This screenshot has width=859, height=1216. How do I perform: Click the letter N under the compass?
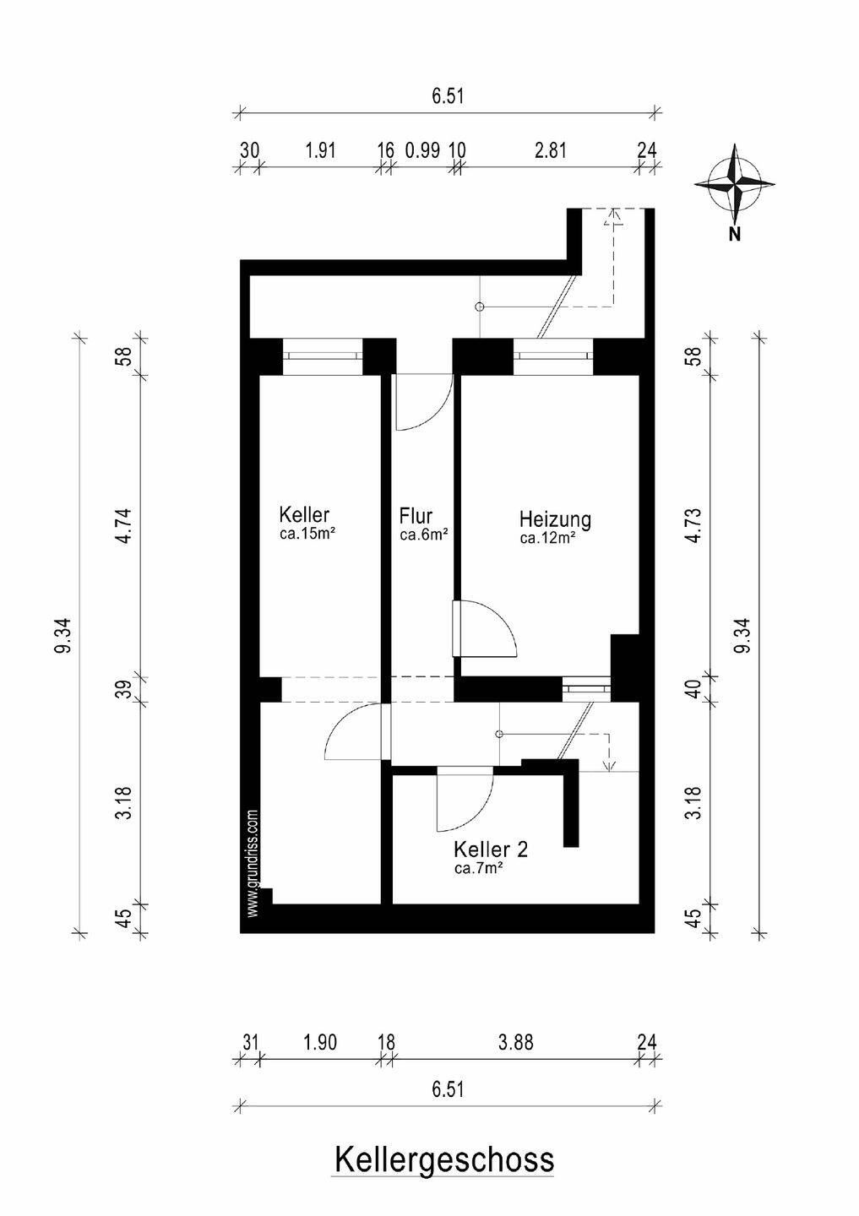735,235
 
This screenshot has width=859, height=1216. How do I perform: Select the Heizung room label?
555,519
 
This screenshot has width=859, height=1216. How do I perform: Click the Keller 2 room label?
491,849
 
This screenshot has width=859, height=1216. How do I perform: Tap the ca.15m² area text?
306,534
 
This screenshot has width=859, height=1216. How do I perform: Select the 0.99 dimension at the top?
422,149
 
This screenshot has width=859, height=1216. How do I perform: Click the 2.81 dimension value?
551,149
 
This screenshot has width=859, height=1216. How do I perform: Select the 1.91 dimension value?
320,149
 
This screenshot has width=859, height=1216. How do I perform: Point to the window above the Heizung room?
552,356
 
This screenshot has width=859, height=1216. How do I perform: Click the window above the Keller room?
323,356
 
